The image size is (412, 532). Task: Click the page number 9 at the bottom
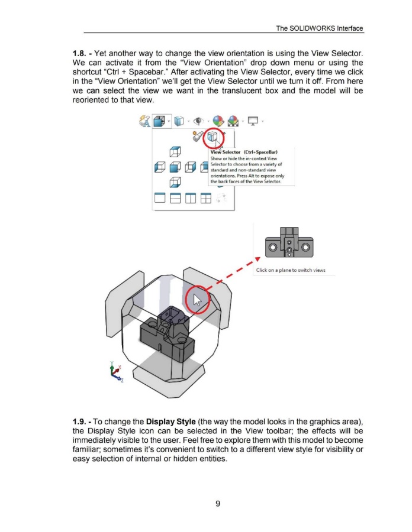tap(218, 504)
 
